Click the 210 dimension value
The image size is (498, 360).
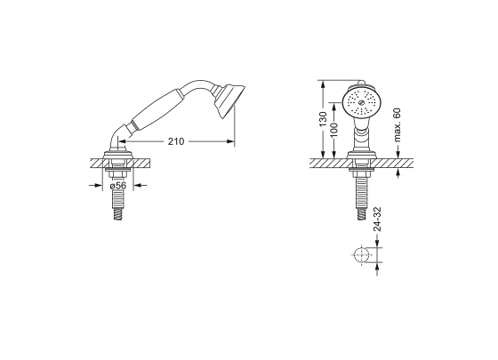click(x=176, y=141)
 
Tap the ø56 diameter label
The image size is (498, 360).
click(x=118, y=186)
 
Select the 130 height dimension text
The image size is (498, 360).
click(x=323, y=119)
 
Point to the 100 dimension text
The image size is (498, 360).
click(x=334, y=130)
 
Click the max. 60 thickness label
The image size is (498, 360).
click(x=398, y=124)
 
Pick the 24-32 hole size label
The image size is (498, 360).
click(x=377, y=219)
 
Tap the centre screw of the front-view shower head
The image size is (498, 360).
click(x=361, y=102)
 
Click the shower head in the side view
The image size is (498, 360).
click(x=229, y=100)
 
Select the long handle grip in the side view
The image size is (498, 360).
click(x=158, y=109)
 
